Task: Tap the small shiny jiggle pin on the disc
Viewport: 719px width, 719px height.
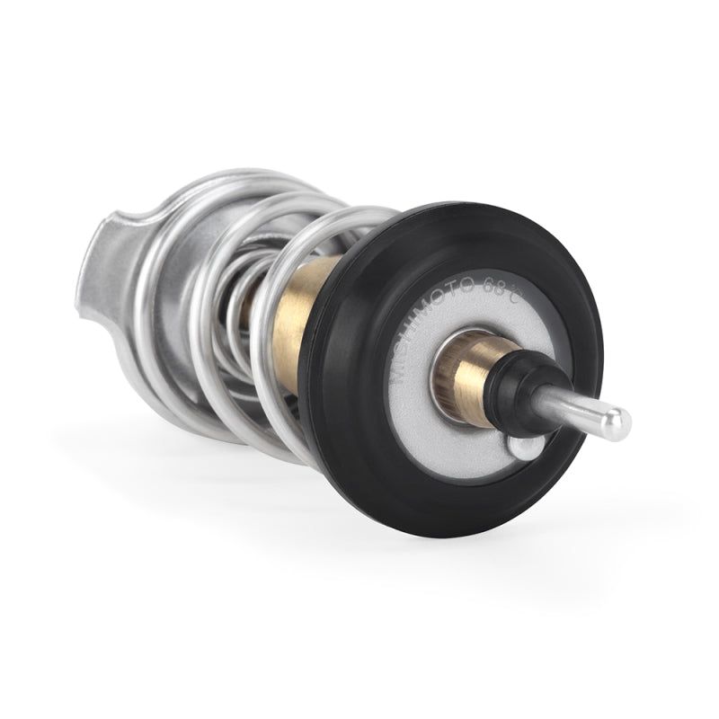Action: (526, 446)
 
